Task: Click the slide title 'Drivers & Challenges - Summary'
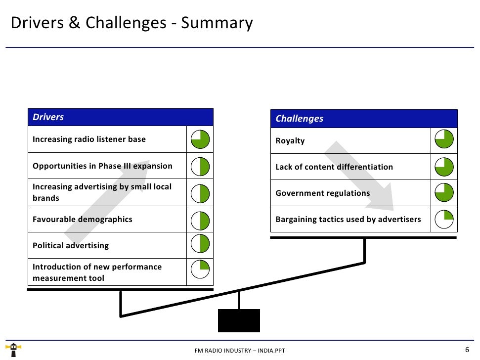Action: tap(131, 23)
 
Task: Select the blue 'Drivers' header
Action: tap(120, 117)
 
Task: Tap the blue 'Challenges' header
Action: tap(363, 119)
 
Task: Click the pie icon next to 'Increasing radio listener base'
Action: tap(200, 140)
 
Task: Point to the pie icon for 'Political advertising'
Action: tap(200, 245)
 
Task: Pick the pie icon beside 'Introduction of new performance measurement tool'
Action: tap(200, 271)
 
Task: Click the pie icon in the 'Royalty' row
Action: tap(444, 140)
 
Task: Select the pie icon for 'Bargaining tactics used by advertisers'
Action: tap(444, 219)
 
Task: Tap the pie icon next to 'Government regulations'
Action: tap(444, 193)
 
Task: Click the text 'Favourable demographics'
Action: tap(83, 219)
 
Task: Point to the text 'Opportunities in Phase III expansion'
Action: tap(102, 166)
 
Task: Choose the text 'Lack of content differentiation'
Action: tap(334, 167)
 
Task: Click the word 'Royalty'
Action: tap(290, 141)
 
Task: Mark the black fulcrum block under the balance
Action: tap(239, 320)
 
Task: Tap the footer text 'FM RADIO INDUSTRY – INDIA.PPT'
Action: tap(240, 351)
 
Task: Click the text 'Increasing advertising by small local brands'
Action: tap(102, 192)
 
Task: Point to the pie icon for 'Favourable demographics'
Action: tap(200, 219)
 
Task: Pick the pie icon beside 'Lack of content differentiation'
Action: tap(444, 167)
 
